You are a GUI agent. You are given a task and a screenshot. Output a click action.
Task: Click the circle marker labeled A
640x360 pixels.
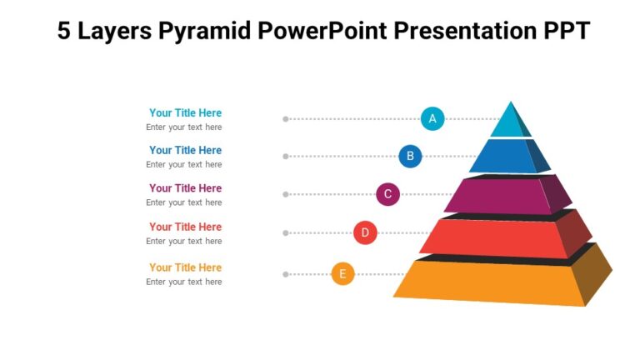point(432,119)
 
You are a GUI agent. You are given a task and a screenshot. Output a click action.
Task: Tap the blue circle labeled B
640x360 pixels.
point(409,156)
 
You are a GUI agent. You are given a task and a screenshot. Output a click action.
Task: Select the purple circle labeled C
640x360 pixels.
point(387,194)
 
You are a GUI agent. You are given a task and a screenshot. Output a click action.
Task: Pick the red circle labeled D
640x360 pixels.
point(365,232)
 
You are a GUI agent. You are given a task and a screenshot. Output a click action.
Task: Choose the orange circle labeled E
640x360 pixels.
point(342,273)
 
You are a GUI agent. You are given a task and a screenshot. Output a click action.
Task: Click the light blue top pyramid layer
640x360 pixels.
point(508,123)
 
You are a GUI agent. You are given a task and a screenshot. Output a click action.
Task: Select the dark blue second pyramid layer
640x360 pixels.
point(504,157)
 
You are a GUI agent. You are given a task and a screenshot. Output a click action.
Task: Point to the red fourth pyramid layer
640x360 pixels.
point(496,237)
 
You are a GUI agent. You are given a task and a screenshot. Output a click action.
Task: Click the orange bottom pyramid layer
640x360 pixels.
point(492,281)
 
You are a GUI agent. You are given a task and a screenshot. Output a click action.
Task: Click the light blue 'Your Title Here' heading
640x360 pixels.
point(185,112)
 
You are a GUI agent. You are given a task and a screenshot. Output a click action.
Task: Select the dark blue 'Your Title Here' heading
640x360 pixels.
point(185,150)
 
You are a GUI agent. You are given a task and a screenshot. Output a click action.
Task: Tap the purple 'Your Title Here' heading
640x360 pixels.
point(185,188)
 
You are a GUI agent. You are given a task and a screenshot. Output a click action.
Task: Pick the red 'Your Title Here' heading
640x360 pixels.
point(185,227)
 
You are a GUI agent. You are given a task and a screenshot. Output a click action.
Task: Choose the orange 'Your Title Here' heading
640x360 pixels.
point(185,267)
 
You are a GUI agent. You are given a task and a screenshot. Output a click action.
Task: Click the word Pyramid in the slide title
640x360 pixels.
point(209,32)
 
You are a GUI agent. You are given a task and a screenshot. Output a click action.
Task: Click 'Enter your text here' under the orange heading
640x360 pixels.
point(184,282)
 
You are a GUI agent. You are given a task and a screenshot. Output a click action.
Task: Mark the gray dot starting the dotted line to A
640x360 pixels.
point(286,119)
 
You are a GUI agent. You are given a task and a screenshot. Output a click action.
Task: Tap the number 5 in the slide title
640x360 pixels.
point(65,32)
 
